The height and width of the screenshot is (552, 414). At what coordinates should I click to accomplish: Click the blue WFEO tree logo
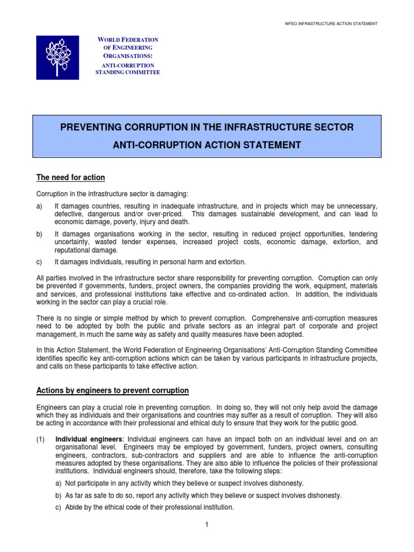click(x=58, y=58)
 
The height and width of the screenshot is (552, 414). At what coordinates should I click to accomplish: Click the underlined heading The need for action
click(x=71, y=178)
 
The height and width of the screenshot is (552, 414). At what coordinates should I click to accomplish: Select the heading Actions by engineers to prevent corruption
click(x=112, y=390)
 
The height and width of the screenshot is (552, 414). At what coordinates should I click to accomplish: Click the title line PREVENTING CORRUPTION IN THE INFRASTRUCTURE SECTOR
click(x=206, y=127)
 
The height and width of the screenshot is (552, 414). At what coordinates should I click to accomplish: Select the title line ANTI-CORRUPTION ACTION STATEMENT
click(x=206, y=144)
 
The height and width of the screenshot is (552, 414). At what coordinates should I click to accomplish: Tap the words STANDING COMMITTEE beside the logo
click(x=128, y=72)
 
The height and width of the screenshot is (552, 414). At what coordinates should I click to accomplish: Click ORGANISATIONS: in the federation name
click(x=128, y=56)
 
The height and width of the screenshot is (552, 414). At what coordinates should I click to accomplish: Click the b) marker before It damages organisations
click(x=40, y=234)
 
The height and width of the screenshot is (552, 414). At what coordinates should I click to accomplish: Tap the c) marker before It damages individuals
click(x=40, y=262)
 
